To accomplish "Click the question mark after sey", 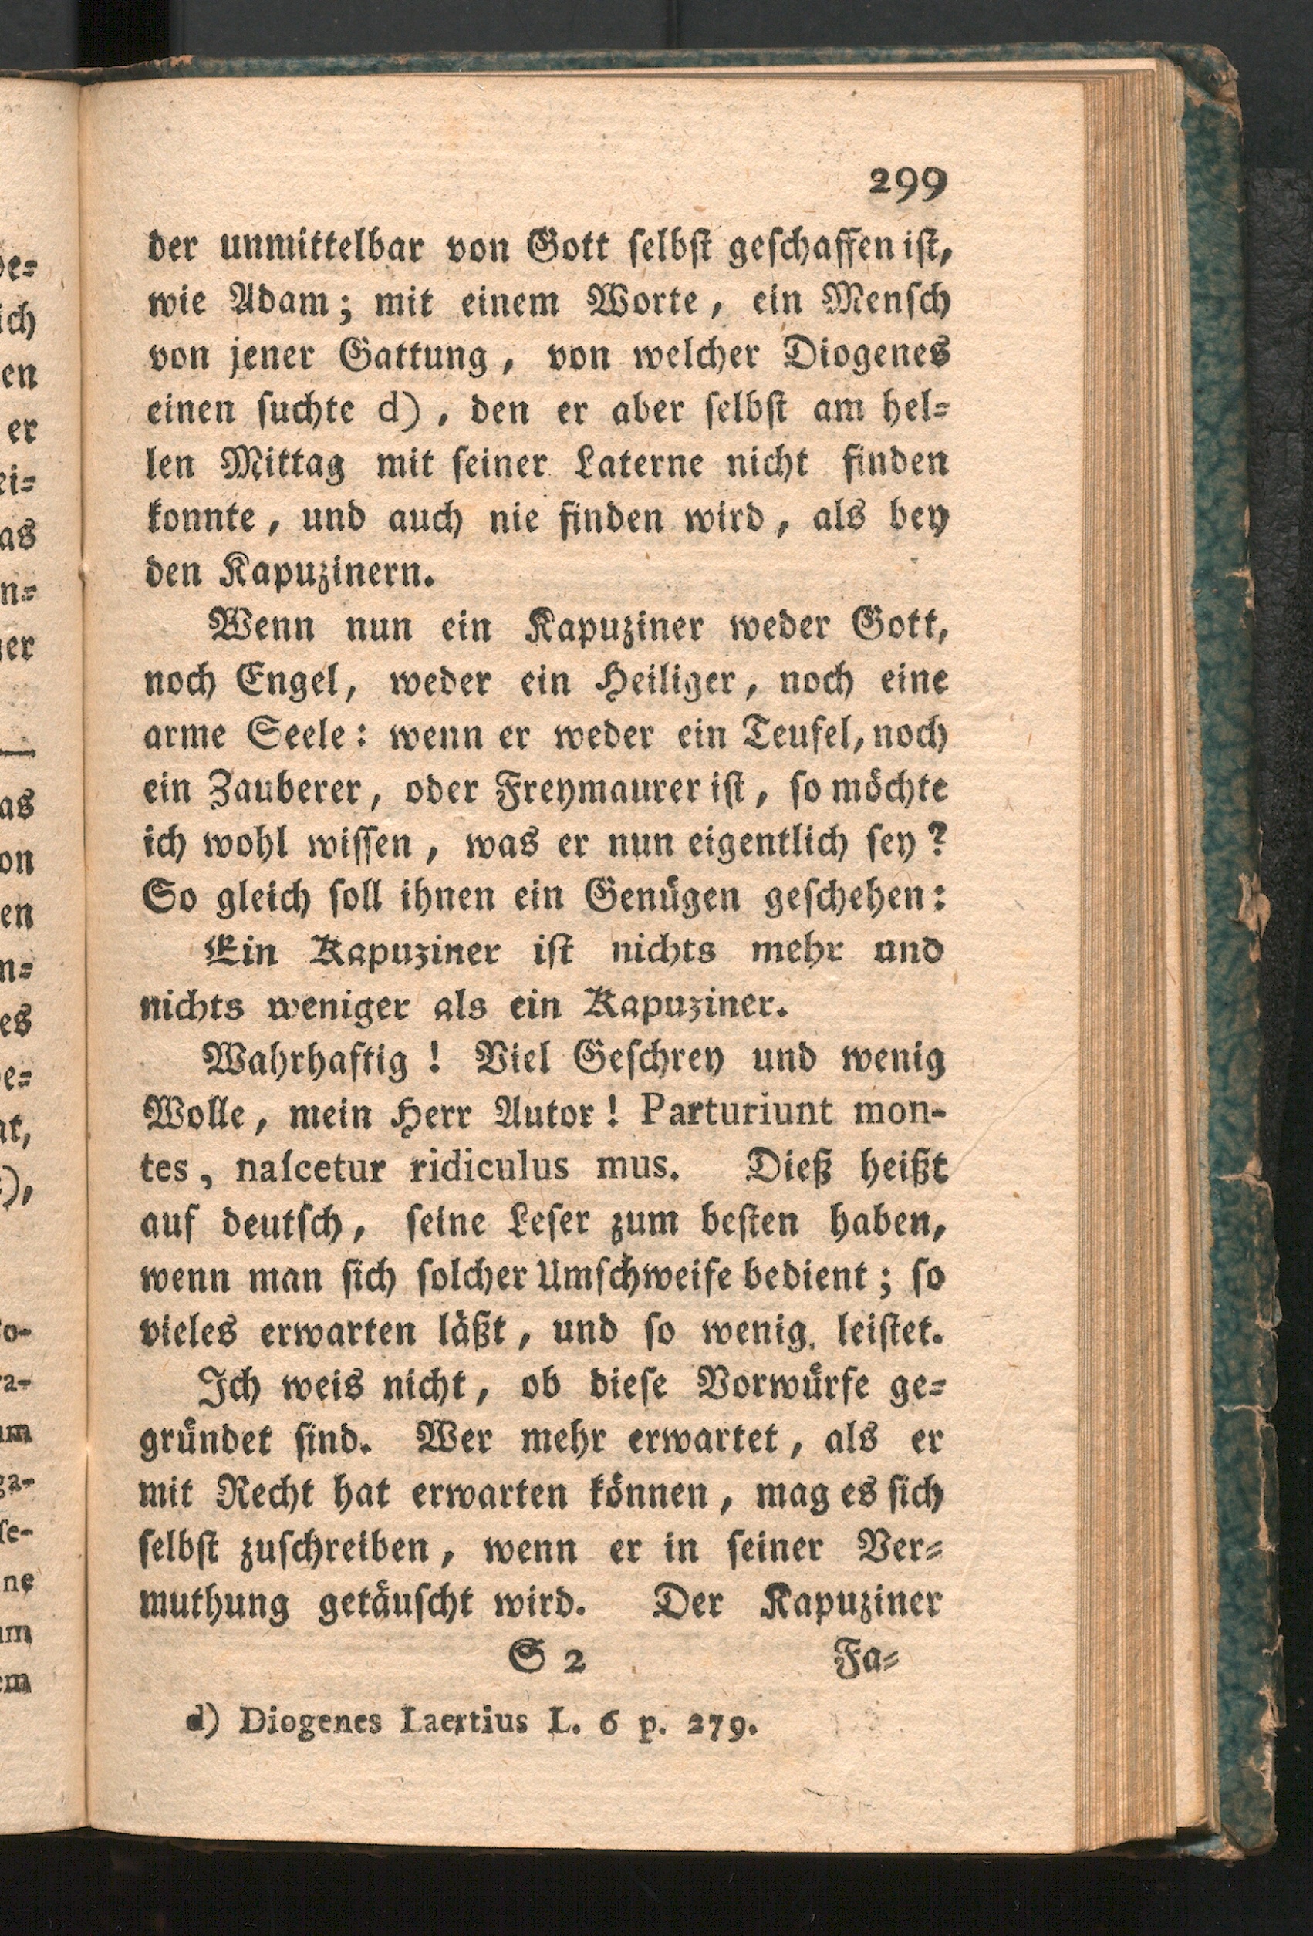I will click(x=938, y=845).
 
